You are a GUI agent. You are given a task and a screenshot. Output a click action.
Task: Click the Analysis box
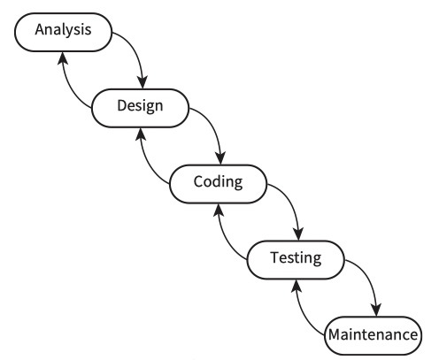[x=63, y=32]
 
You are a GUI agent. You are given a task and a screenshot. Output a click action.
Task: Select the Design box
[x=140, y=108]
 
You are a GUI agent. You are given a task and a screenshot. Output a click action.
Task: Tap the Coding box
[x=218, y=184]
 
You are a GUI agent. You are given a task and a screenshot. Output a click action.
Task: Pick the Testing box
[x=296, y=260]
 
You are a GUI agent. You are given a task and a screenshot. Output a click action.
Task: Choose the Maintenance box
[x=374, y=335]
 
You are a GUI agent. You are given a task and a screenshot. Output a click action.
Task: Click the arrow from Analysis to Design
[x=136, y=50]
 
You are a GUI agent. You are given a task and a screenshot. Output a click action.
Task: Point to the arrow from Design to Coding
[x=213, y=126]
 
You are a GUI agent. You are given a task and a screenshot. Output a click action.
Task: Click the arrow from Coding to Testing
[x=291, y=203]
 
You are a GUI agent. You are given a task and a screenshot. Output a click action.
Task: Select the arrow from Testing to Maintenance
[x=369, y=279]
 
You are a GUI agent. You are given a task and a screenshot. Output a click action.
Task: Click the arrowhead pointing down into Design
[x=142, y=81]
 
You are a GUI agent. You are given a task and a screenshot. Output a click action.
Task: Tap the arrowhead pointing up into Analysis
[x=62, y=58]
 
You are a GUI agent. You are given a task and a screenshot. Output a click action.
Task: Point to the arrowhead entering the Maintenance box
[x=376, y=310]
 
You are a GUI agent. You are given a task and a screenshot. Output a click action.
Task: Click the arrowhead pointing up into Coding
[x=219, y=211]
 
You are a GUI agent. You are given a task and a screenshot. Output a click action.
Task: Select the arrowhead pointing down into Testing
[x=298, y=234]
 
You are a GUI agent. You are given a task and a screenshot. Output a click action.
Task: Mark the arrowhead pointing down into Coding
[x=220, y=158]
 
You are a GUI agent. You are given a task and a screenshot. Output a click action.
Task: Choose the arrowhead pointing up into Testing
[x=297, y=286]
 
